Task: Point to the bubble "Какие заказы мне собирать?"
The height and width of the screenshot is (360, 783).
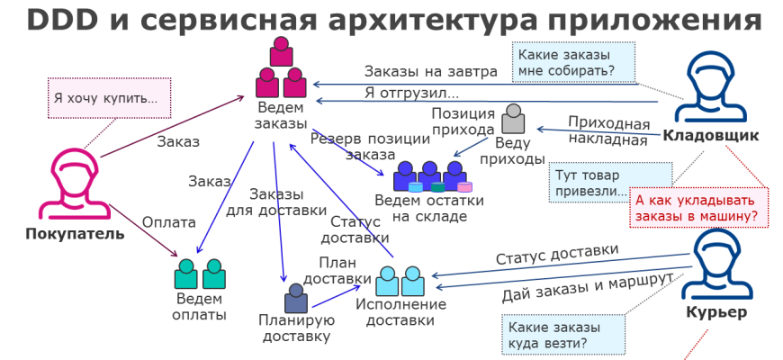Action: point(573,62)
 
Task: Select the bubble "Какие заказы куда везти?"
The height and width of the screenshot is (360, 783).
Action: point(559,335)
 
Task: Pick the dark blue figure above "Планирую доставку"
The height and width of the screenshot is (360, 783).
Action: point(295,297)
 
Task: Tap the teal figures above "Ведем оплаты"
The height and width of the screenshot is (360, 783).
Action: point(199,274)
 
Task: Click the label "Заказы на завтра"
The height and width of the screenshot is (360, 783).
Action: point(430,72)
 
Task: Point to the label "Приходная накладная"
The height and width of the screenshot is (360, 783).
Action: point(607,131)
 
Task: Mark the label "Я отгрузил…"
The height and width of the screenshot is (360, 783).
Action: point(411,93)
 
